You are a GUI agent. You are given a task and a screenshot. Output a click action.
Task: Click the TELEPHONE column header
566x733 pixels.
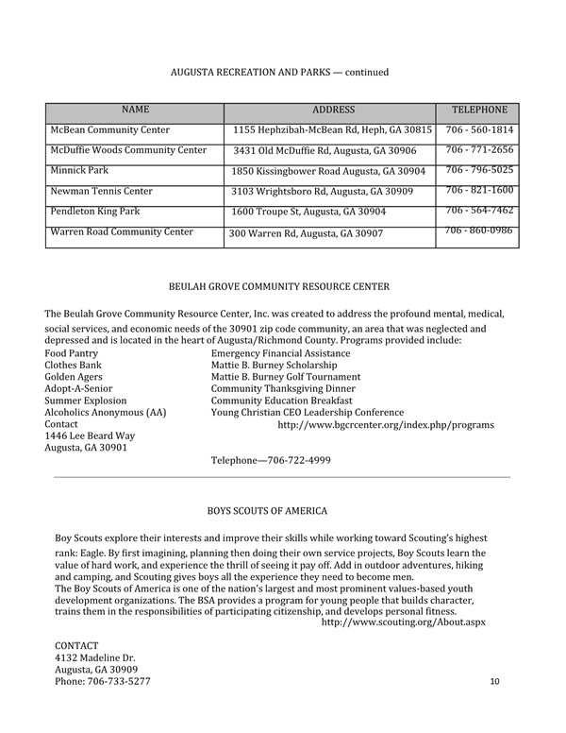479,110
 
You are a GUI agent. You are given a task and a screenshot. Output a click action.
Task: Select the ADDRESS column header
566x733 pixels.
333,110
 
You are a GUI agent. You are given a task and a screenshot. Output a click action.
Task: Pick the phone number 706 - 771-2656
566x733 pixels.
479,150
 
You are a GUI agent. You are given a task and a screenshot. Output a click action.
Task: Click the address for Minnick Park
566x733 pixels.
328,171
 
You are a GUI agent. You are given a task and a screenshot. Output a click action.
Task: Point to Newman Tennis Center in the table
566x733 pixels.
101,191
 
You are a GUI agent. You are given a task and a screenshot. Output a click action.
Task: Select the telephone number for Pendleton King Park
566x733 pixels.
479,211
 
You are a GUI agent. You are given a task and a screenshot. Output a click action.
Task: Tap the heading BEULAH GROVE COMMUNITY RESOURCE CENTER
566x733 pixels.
278,286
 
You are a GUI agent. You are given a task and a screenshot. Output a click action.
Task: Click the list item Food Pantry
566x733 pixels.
72,353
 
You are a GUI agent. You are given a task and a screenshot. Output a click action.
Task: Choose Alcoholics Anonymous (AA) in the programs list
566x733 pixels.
106,413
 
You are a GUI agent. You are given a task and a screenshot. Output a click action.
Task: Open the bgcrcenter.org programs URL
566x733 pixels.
385,425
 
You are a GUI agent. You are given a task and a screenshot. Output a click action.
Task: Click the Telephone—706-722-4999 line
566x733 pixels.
270,460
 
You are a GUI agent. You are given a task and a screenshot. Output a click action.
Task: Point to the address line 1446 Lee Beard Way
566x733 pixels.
91,436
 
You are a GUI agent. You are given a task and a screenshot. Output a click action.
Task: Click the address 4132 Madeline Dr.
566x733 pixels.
95,657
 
